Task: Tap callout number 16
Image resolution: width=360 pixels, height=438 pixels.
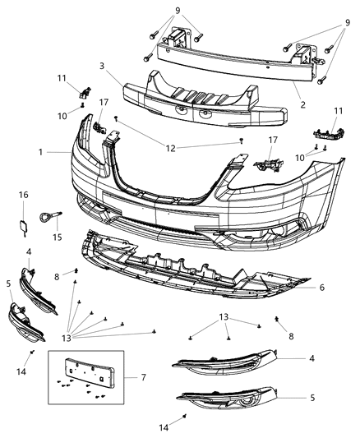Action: coord(23,195)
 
